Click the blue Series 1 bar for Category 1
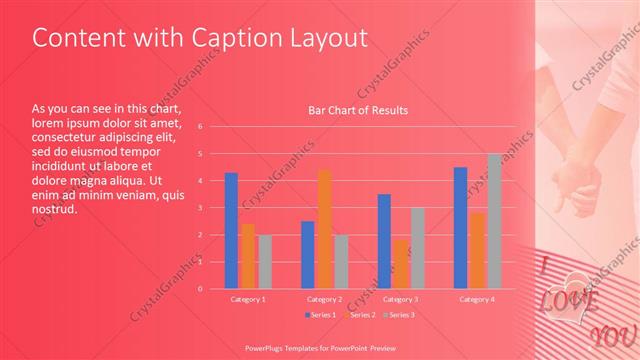pyautogui.click(x=231, y=230)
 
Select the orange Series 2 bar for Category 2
pyautogui.click(x=324, y=228)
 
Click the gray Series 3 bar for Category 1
pyautogui.click(x=264, y=261)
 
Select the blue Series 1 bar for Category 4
pyautogui.click(x=460, y=227)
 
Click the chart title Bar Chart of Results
pyautogui.click(x=358, y=110)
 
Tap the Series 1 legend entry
pyautogui.click(x=320, y=315)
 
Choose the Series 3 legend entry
pyautogui.click(x=398, y=315)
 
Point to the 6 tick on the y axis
pyautogui.click(x=201, y=127)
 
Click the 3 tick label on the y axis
pyautogui.click(x=201, y=208)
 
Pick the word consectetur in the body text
pyautogui.click(x=66, y=136)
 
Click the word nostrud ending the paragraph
pyautogui.click(x=55, y=210)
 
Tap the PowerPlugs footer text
pyautogui.click(x=319, y=347)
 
